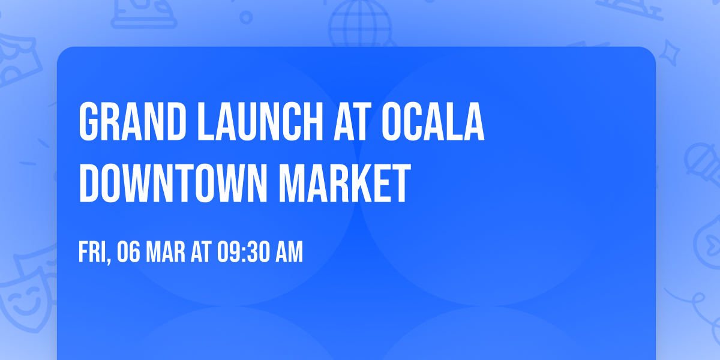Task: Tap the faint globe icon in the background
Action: (x=359, y=24)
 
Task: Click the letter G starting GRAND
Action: (x=88, y=122)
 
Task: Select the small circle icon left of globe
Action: (x=245, y=17)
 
